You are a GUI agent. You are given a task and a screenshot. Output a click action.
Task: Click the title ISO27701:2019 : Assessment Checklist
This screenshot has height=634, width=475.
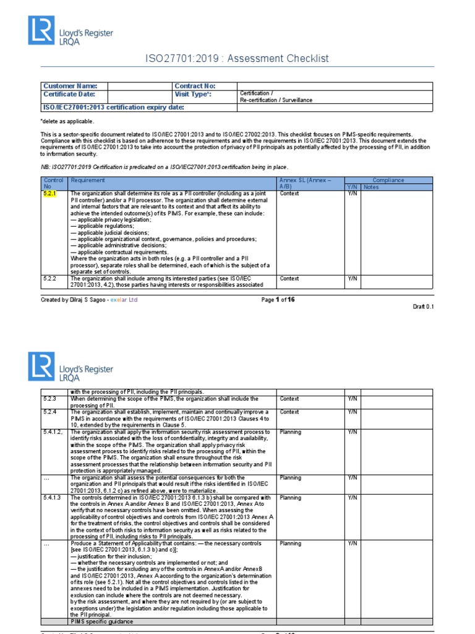[237, 59]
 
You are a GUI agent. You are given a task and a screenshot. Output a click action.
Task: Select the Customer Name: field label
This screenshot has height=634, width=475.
[66, 86]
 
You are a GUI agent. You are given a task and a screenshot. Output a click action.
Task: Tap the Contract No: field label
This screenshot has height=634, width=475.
[195, 86]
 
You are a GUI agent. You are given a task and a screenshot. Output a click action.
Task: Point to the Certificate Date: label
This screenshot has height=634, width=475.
[69, 94]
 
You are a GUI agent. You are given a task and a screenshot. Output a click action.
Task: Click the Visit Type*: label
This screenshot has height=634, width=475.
[194, 94]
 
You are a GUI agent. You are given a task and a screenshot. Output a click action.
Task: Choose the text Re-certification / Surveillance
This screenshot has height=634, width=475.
[276, 100]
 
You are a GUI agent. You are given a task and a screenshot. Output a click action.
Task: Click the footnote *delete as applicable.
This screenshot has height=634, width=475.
[67, 121]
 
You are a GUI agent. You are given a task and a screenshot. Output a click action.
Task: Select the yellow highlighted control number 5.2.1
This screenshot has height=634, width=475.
[50, 194]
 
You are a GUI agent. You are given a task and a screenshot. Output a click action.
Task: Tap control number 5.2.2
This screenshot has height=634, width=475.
[49, 279]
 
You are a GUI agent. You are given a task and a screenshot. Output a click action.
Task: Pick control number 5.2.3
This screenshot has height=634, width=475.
[49, 399]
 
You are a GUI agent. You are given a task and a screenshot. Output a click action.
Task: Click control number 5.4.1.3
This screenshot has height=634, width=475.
[52, 497]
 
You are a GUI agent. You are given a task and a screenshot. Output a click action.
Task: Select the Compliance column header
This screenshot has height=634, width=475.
[388, 180]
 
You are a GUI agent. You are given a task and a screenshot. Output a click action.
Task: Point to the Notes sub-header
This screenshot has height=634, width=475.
[371, 186]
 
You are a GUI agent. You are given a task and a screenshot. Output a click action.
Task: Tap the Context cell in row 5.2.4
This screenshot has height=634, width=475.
[290, 412]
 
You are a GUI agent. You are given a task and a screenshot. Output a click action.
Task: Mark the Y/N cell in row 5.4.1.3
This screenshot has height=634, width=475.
[352, 497]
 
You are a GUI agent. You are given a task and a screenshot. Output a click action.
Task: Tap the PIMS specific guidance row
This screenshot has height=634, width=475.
[102, 621]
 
